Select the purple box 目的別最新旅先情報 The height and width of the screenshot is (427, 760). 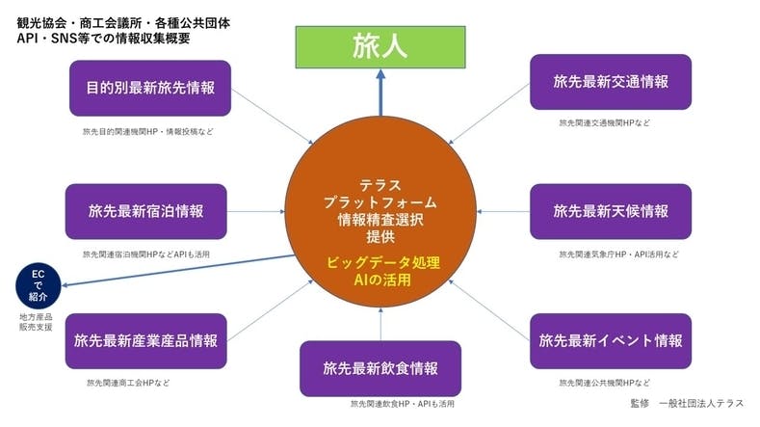[x=150, y=88]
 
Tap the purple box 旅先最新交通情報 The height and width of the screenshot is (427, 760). [x=611, y=82]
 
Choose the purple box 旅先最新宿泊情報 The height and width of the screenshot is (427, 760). [x=145, y=211]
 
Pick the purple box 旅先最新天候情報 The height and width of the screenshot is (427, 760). [x=611, y=211]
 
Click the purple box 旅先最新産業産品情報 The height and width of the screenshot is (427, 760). [x=145, y=340]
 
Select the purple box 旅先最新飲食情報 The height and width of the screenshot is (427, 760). [x=380, y=368]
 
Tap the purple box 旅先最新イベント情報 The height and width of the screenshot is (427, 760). [x=611, y=340]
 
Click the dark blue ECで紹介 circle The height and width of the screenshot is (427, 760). [x=39, y=285]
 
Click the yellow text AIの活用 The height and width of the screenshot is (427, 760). [x=380, y=280]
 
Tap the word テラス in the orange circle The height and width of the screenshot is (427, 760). [x=380, y=184]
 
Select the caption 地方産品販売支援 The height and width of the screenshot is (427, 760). [x=36, y=322]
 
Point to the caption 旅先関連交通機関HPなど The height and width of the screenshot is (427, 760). [x=604, y=123]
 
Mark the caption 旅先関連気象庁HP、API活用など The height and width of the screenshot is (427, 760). [x=618, y=254]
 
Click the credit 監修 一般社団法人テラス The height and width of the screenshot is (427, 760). [x=687, y=403]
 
